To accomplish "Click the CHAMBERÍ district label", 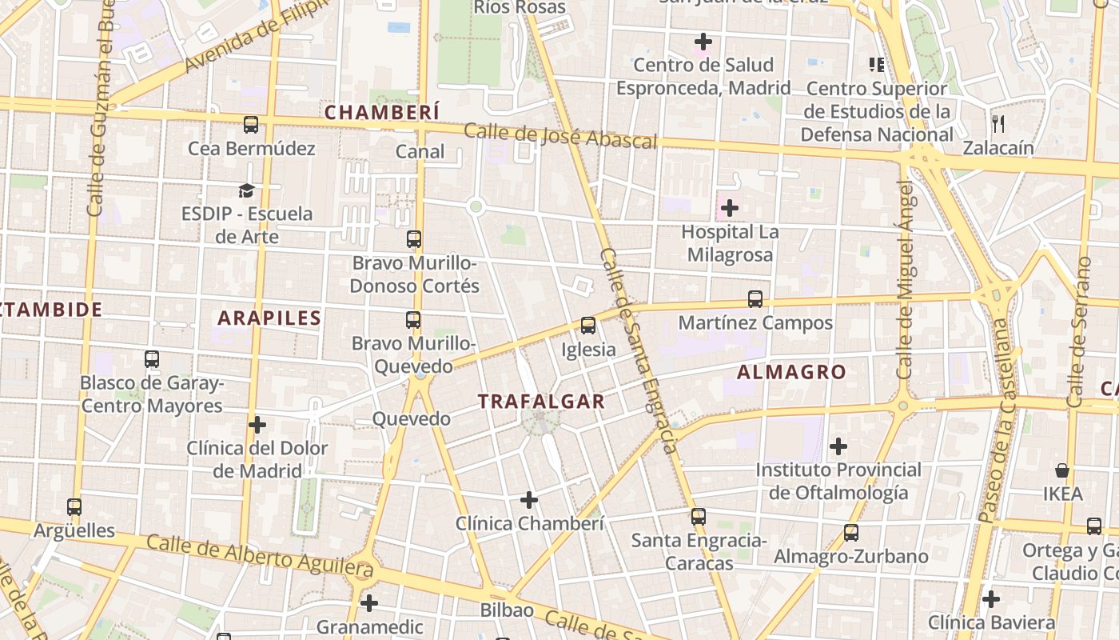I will click(x=382, y=112).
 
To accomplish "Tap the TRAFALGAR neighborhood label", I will click(x=541, y=402).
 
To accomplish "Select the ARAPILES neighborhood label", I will click(x=269, y=318).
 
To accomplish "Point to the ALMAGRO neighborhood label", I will click(x=790, y=372).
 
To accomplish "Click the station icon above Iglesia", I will click(x=588, y=326).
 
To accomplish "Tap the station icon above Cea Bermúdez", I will click(x=251, y=125).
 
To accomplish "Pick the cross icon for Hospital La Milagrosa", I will click(x=729, y=209).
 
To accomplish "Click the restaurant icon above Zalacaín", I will click(x=998, y=123).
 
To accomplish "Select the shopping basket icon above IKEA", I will click(x=1062, y=470).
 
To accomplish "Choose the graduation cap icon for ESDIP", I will click(x=246, y=190).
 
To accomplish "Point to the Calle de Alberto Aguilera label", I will click(x=260, y=555).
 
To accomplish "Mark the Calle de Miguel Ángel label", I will click(x=905, y=280).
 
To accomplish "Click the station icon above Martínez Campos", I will click(x=755, y=299).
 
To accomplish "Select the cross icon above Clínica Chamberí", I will click(x=528, y=500).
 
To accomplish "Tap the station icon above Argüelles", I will click(x=74, y=506).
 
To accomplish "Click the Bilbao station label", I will click(x=507, y=610).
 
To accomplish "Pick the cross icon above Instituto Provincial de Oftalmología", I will click(x=838, y=446).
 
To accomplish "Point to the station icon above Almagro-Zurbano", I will click(x=851, y=532).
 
